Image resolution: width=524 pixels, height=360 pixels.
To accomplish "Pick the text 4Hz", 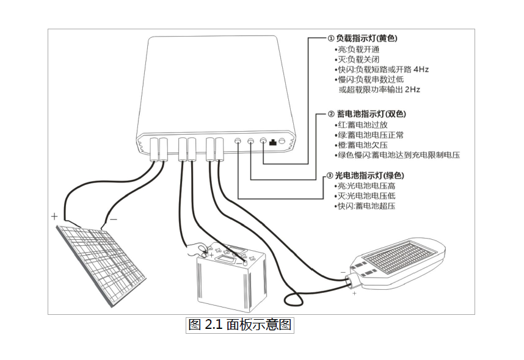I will tap(421, 70).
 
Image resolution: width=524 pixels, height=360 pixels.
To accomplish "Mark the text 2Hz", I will tap(412, 89).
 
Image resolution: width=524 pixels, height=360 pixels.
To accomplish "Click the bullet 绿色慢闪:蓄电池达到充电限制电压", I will tap(398, 156).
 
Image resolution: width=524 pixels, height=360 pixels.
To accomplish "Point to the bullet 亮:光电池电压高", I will tap(369, 186).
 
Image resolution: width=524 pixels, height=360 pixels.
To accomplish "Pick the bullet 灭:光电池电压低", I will tap(369, 196).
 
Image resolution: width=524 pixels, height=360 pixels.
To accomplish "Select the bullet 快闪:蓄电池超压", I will tap(366, 206).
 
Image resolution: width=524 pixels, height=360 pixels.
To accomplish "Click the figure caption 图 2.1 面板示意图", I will tap(240, 325).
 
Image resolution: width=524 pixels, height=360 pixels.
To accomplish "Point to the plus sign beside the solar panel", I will tap(54, 216).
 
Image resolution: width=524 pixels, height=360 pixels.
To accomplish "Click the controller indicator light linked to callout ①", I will tap(263, 142).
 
